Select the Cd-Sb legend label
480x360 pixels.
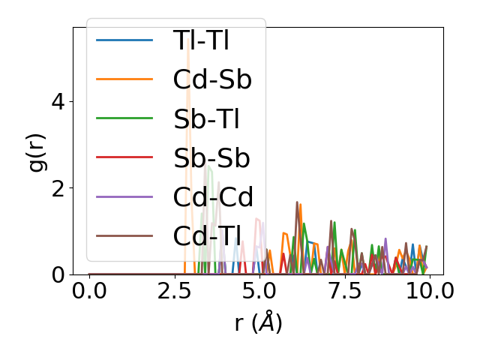click(x=211, y=79)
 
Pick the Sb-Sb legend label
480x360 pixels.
click(x=211, y=157)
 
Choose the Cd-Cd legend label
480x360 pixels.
click(x=213, y=197)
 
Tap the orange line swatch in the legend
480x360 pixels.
click(x=124, y=79)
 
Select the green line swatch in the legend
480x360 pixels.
click(x=124, y=118)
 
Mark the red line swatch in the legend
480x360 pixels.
click(x=124, y=157)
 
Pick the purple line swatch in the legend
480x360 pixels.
click(x=124, y=197)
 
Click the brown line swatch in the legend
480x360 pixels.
click(x=124, y=236)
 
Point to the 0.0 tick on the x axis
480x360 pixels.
click(x=89, y=291)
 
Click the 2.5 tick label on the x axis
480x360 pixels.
click(x=174, y=291)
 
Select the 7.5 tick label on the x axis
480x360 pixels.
click(x=344, y=291)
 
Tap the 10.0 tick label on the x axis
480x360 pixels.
click(x=429, y=291)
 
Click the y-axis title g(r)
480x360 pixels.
click(x=37, y=151)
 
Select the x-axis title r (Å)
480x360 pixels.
click(x=258, y=322)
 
